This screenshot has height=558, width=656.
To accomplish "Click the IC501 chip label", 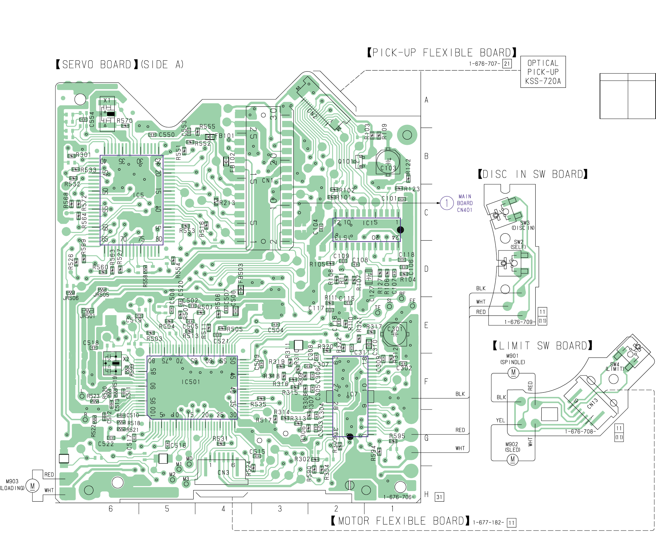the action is click(x=191, y=382).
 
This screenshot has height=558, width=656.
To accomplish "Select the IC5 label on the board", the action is click(x=138, y=195).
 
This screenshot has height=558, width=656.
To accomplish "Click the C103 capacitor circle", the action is click(x=388, y=162).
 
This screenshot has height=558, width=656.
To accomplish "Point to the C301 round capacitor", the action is click(x=395, y=334).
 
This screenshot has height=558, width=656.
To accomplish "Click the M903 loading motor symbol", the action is click(x=32, y=486).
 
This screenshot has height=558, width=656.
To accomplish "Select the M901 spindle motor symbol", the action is click(x=513, y=372).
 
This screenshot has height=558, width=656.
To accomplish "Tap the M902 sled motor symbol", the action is click(x=512, y=459).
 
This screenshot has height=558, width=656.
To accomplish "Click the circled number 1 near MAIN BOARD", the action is click(x=447, y=203).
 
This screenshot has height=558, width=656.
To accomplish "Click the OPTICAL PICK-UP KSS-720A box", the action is click(x=543, y=72).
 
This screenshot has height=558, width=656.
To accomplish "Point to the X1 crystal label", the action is click(x=107, y=100).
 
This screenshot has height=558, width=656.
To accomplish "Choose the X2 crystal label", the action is click(x=126, y=359).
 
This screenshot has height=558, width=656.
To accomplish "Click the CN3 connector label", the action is click(x=223, y=473).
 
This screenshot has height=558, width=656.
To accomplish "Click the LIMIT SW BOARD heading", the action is click(x=542, y=346).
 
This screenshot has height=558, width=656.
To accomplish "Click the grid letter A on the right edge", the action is click(x=426, y=100).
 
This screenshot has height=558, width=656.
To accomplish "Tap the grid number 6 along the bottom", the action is click(x=110, y=509).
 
